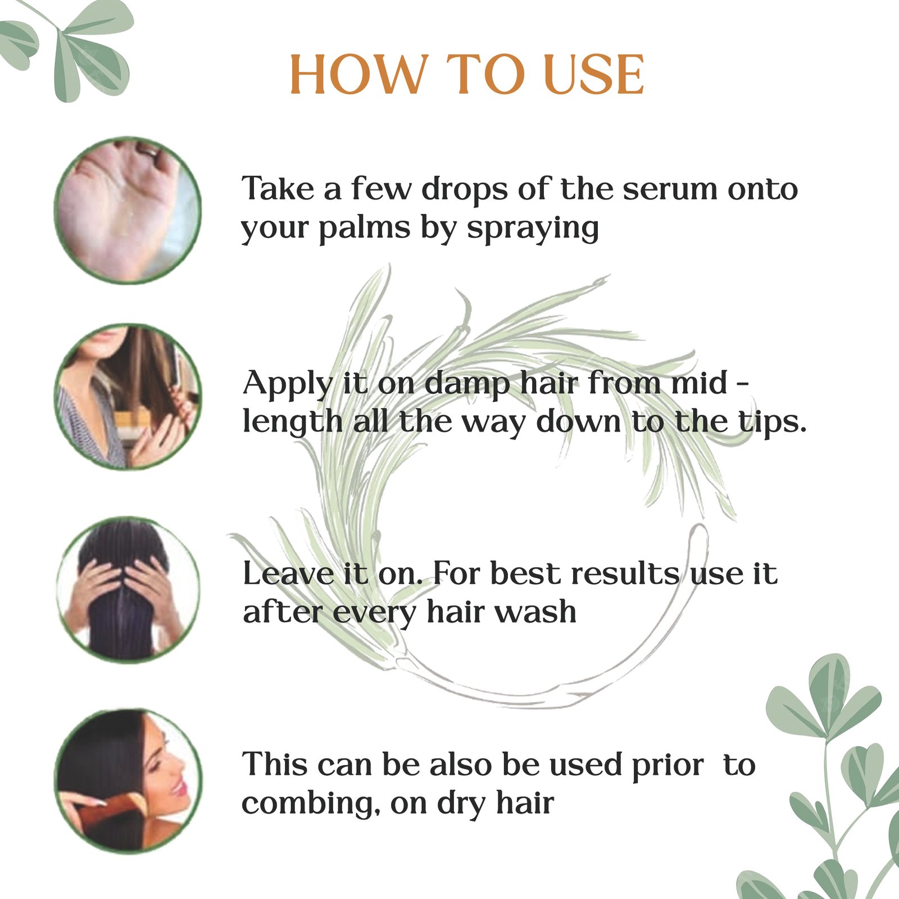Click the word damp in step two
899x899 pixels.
467,385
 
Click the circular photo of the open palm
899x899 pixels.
128,210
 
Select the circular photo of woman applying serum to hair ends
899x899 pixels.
128,397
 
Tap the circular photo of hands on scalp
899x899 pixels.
128,589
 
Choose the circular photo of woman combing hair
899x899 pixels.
128,782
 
